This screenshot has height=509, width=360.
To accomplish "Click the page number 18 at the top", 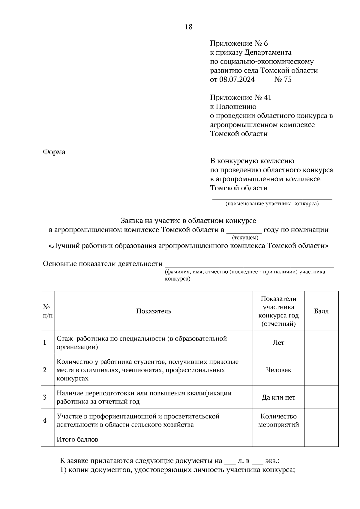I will pyautogui.click(x=189, y=27).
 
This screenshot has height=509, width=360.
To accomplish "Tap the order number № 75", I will pyautogui.click(x=283, y=79).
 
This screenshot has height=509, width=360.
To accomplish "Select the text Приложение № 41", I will pyautogui.click(x=241, y=97).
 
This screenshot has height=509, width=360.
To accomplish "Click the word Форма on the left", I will pyautogui.click(x=54, y=152).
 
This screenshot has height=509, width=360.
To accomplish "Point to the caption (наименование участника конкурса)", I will pyautogui.click(x=272, y=204).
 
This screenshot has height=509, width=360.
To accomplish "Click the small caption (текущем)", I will pyautogui.click(x=245, y=238).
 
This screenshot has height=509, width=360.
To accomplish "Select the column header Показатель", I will pyautogui.click(x=154, y=311).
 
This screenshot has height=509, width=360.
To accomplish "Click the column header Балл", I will pyautogui.click(x=321, y=311).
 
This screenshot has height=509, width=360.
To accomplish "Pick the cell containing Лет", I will pyautogui.click(x=278, y=343).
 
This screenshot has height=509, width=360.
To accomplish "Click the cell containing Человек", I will pyautogui.click(x=278, y=370).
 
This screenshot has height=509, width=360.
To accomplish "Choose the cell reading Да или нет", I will pyautogui.click(x=278, y=397).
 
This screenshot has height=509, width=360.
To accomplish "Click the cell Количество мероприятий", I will pyautogui.click(x=278, y=421).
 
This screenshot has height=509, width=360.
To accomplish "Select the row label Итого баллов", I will pyautogui.click(x=77, y=439).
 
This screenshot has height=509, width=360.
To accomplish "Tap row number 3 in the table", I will pyautogui.click(x=45, y=397).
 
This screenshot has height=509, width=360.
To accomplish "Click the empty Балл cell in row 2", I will pyautogui.click(x=321, y=370).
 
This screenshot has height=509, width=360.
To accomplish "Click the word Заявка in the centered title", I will pyautogui.click(x=132, y=221).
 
